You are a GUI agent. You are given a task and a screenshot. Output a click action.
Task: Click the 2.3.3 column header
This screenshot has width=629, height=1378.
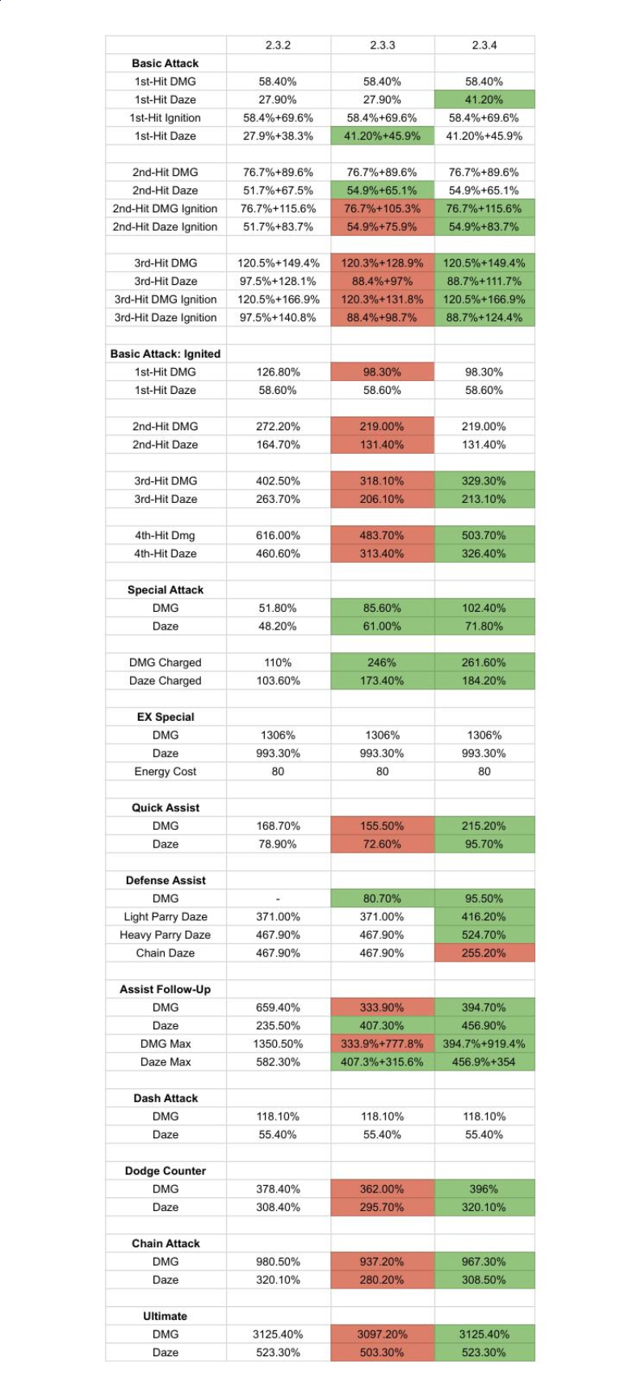[x=382, y=45]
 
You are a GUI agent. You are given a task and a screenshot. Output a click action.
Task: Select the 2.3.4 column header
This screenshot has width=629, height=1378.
[x=484, y=45]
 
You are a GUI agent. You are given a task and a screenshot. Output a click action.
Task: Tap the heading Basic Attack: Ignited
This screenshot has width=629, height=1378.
[x=165, y=354]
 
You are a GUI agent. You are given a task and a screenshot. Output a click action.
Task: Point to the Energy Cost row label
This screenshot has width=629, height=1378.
[x=165, y=772]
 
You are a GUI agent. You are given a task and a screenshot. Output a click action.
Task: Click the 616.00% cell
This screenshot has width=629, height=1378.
[x=279, y=535]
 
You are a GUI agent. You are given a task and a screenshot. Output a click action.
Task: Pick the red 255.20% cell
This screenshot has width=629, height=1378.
[x=484, y=953]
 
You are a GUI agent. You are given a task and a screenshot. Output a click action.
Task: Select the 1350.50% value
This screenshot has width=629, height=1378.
[x=279, y=1044]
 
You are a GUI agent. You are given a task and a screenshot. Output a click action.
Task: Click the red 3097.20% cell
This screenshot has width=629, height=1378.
[x=382, y=1334]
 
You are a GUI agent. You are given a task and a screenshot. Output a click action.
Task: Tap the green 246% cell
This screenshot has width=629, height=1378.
[x=382, y=663]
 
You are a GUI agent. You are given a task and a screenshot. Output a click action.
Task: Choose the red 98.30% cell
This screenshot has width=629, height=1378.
[x=382, y=372]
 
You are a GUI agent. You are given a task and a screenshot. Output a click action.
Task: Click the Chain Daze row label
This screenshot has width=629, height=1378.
[x=165, y=953]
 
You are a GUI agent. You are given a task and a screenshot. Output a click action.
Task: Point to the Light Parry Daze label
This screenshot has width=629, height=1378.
[x=165, y=916]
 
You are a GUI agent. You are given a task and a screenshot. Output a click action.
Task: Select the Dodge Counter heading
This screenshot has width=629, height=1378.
[x=165, y=1171]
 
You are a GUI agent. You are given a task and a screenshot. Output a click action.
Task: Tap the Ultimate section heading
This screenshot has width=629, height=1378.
[x=165, y=1316]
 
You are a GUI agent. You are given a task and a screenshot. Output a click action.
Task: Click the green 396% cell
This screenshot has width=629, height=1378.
[x=484, y=1189]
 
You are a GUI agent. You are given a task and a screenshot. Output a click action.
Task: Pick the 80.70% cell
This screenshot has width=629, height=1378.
[x=382, y=898]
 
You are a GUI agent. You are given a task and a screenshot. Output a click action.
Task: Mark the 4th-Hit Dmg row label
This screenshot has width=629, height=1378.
[x=165, y=535]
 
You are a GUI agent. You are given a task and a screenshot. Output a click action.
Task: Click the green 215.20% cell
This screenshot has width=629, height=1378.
[x=484, y=826]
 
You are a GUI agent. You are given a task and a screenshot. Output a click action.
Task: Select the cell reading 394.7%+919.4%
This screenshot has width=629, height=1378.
[x=484, y=1044]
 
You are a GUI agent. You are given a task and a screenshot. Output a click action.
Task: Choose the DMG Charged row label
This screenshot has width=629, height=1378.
[x=165, y=663]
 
